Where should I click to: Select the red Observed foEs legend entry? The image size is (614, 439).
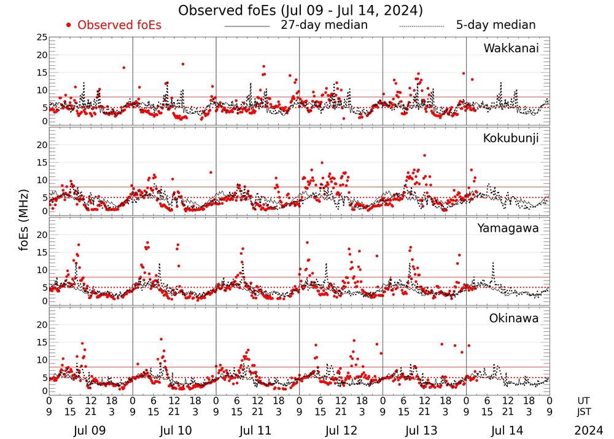[x=114, y=26]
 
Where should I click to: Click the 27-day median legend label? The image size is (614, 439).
[x=324, y=25]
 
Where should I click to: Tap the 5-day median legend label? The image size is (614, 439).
[x=495, y=25]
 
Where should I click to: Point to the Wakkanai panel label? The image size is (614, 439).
[x=511, y=49]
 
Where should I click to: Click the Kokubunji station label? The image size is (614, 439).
[x=510, y=138]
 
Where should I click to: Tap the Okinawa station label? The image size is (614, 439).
[x=514, y=318]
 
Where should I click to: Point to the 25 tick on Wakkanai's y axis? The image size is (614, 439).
[x=41, y=38]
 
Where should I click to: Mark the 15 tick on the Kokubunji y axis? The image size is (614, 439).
[x=41, y=162]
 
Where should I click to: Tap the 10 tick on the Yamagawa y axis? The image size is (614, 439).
[x=41, y=270]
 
